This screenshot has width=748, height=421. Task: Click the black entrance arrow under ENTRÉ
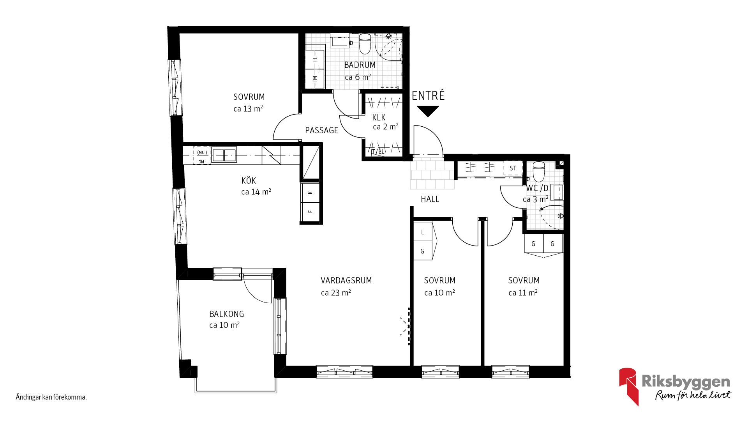[428, 111]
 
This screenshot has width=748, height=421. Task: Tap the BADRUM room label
[360, 65]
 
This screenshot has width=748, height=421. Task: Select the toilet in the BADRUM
[365, 44]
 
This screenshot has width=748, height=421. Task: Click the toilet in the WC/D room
[539, 172]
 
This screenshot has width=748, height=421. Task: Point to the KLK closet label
[379, 118]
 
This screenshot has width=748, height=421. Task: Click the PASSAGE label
[322, 131]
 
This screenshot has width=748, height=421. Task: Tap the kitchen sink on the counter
[224, 155]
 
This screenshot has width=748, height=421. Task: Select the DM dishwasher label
[201, 162]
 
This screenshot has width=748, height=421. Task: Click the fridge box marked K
[310, 193]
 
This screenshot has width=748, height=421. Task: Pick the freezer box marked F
[310, 212]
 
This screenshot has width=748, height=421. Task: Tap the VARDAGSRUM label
[346, 281]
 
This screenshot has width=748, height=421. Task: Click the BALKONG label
[227, 314]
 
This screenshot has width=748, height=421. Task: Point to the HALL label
[430, 199]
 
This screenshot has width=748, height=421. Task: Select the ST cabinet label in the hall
[513, 168]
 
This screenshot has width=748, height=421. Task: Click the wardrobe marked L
[423, 232]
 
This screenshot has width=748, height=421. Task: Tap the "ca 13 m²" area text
[248, 109]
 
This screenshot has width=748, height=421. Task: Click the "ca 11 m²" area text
[523, 293]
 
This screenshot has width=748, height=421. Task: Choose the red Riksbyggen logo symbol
[628, 386]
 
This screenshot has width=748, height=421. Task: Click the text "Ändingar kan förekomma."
[51, 397]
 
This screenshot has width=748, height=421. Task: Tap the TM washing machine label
[315, 79]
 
